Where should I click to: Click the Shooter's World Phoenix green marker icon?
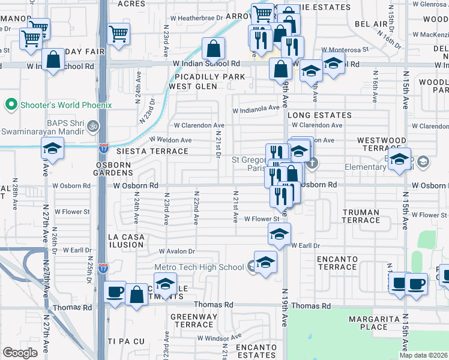tap(10, 105)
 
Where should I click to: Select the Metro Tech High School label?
tap(199, 267)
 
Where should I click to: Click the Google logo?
tap(20, 353)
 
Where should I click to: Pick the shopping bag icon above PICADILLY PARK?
tap(213, 49)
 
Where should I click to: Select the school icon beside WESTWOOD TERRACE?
tap(399, 160)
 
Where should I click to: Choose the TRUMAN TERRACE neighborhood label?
tap(361, 216)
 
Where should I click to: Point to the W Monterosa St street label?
tap(344, 50)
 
